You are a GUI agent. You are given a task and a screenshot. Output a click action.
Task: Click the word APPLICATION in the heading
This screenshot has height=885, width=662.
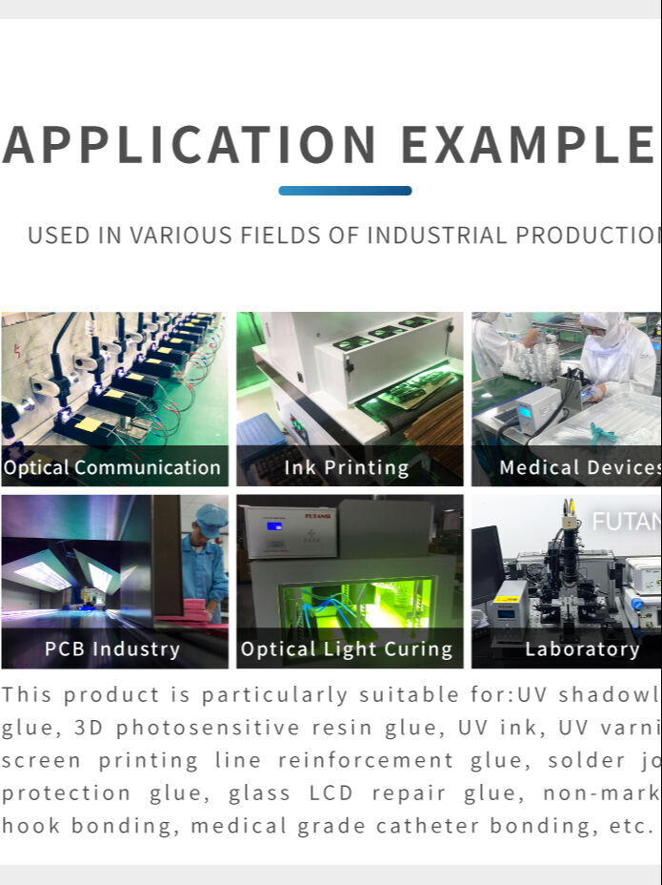(x=191, y=145)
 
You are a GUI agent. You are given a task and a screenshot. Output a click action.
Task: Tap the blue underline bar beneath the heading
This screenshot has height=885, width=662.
(x=345, y=191)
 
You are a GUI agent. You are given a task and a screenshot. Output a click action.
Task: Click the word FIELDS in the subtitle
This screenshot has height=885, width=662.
(x=250, y=236)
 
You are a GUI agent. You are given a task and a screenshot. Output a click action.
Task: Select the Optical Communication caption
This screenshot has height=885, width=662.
(x=112, y=467)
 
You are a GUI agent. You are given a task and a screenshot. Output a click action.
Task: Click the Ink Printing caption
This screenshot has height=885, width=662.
(x=347, y=467)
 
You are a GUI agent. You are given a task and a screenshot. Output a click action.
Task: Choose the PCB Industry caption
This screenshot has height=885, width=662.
(x=112, y=649)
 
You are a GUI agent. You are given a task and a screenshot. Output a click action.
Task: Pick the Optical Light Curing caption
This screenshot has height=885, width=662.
(x=347, y=649)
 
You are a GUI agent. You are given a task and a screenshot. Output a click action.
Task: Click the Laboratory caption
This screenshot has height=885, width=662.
(x=582, y=649)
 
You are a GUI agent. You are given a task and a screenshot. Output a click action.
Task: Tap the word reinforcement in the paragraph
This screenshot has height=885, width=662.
(x=366, y=761)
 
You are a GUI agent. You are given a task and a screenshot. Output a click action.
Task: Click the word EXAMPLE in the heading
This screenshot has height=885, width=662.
(x=527, y=145)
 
